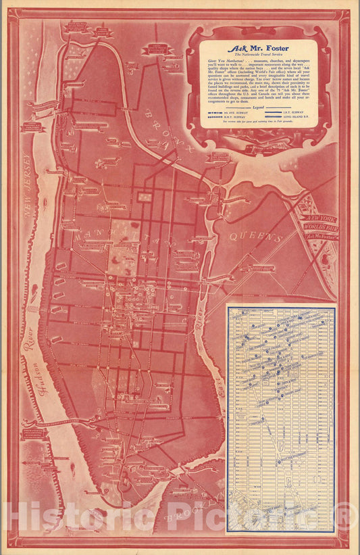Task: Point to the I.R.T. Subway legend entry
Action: pyautogui.click(x=296, y=113)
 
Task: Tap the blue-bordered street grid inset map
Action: pyautogui.click(x=280, y=419)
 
